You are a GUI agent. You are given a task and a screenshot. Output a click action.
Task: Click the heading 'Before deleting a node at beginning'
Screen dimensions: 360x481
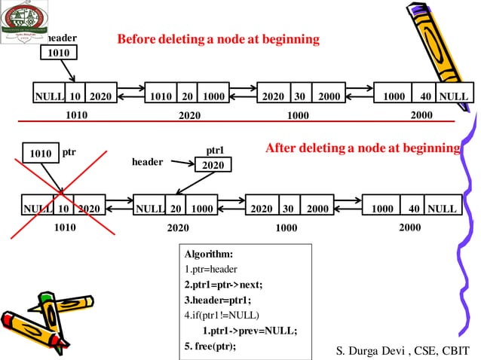tap(218, 38)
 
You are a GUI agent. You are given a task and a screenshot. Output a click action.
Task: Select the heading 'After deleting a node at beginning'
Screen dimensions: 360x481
tap(362, 148)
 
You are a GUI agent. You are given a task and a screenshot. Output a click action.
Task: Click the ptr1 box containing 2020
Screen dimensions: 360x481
tap(213, 165)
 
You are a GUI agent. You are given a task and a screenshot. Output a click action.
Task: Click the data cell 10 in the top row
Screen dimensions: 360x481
tap(75, 96)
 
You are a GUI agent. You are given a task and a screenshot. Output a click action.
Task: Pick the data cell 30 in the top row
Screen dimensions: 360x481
tap(299, 96)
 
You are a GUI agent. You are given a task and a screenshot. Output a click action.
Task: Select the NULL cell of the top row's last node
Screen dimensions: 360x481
tap(454, 96)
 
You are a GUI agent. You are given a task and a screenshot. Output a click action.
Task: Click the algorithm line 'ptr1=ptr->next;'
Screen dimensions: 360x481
tap(224, 284)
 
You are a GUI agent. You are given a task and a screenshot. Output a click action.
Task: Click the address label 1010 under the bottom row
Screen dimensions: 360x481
tap(66, 226)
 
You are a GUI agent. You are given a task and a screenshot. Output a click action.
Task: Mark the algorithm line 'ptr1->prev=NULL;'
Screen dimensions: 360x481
tap(250, 331)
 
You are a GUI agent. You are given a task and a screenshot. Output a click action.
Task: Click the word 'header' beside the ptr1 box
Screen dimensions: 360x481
tap(148, 162)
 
